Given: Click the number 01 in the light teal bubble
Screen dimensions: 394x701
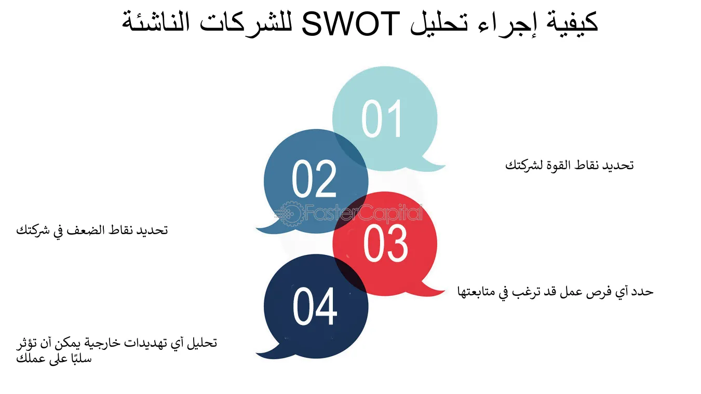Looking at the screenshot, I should pos(382,119).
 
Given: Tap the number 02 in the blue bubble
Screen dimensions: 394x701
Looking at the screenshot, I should pos(314,179).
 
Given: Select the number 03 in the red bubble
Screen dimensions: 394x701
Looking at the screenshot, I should pos(385,243).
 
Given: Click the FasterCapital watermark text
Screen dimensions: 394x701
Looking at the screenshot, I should pos(363,213).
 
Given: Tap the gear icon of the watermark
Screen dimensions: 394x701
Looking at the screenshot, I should pos(289,213).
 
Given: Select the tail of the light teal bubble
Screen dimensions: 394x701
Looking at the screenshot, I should pos(434,165).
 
